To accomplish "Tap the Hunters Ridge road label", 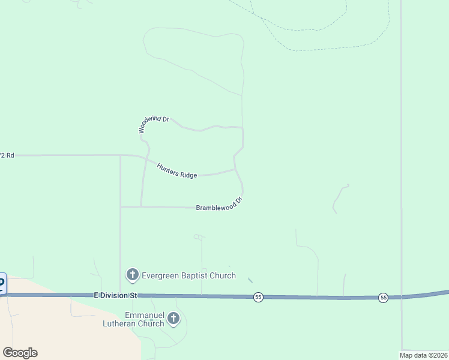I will tap(177, 170).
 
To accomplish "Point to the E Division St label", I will tap(116, 295).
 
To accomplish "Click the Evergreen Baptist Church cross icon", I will tap(132, 275).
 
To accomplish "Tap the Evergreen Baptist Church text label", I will tap(188, 276).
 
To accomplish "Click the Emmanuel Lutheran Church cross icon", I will tap(173, 319).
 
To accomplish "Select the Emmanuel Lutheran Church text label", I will tap(144, 319).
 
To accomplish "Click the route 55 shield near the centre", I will tap(258, 297).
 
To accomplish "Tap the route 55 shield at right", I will tap(383, 298).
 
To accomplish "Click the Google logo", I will tap(20, 353).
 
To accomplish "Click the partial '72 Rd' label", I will tap(7, 155).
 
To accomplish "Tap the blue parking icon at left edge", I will tap(2, 283).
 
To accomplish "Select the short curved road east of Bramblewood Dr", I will tap(341, 198).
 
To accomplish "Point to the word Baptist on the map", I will tap(194, 276).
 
